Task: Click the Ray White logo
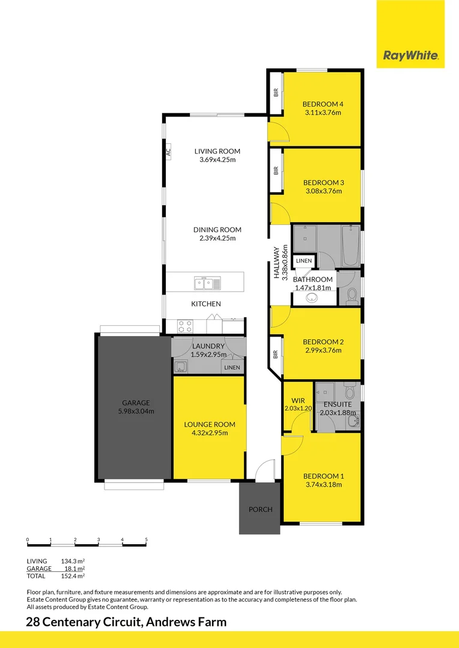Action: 411,56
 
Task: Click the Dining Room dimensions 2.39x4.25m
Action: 217,238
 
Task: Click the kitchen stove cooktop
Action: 185,326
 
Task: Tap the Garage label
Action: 136,403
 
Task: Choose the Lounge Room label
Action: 209,424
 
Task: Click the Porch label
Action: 260,509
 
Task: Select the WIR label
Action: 299,400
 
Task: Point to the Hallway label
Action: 278,263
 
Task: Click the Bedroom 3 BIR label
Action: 276,171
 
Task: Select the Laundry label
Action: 208,346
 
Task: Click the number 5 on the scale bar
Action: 146,540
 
